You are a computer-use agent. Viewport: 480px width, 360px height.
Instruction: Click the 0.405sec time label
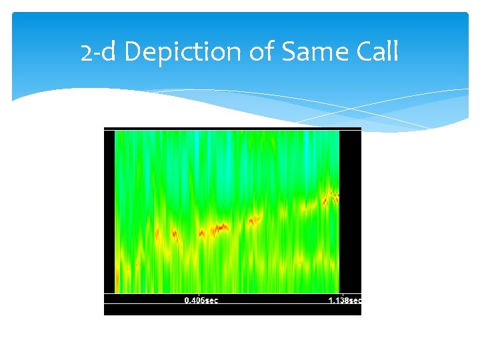tap(201, 301)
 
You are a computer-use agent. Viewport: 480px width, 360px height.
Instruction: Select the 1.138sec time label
tap(345, 301)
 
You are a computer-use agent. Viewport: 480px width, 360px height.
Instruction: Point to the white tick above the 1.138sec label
tap(341, 294)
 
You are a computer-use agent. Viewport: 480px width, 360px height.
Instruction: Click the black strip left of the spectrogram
tap(109, 210)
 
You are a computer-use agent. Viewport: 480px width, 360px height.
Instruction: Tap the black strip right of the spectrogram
tap(351, 210)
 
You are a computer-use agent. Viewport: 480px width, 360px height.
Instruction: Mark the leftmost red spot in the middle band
tap(158, 233)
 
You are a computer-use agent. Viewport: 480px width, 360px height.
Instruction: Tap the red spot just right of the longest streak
tap(253, 219)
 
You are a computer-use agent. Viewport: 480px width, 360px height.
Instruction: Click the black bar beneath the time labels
tap(232, 309)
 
